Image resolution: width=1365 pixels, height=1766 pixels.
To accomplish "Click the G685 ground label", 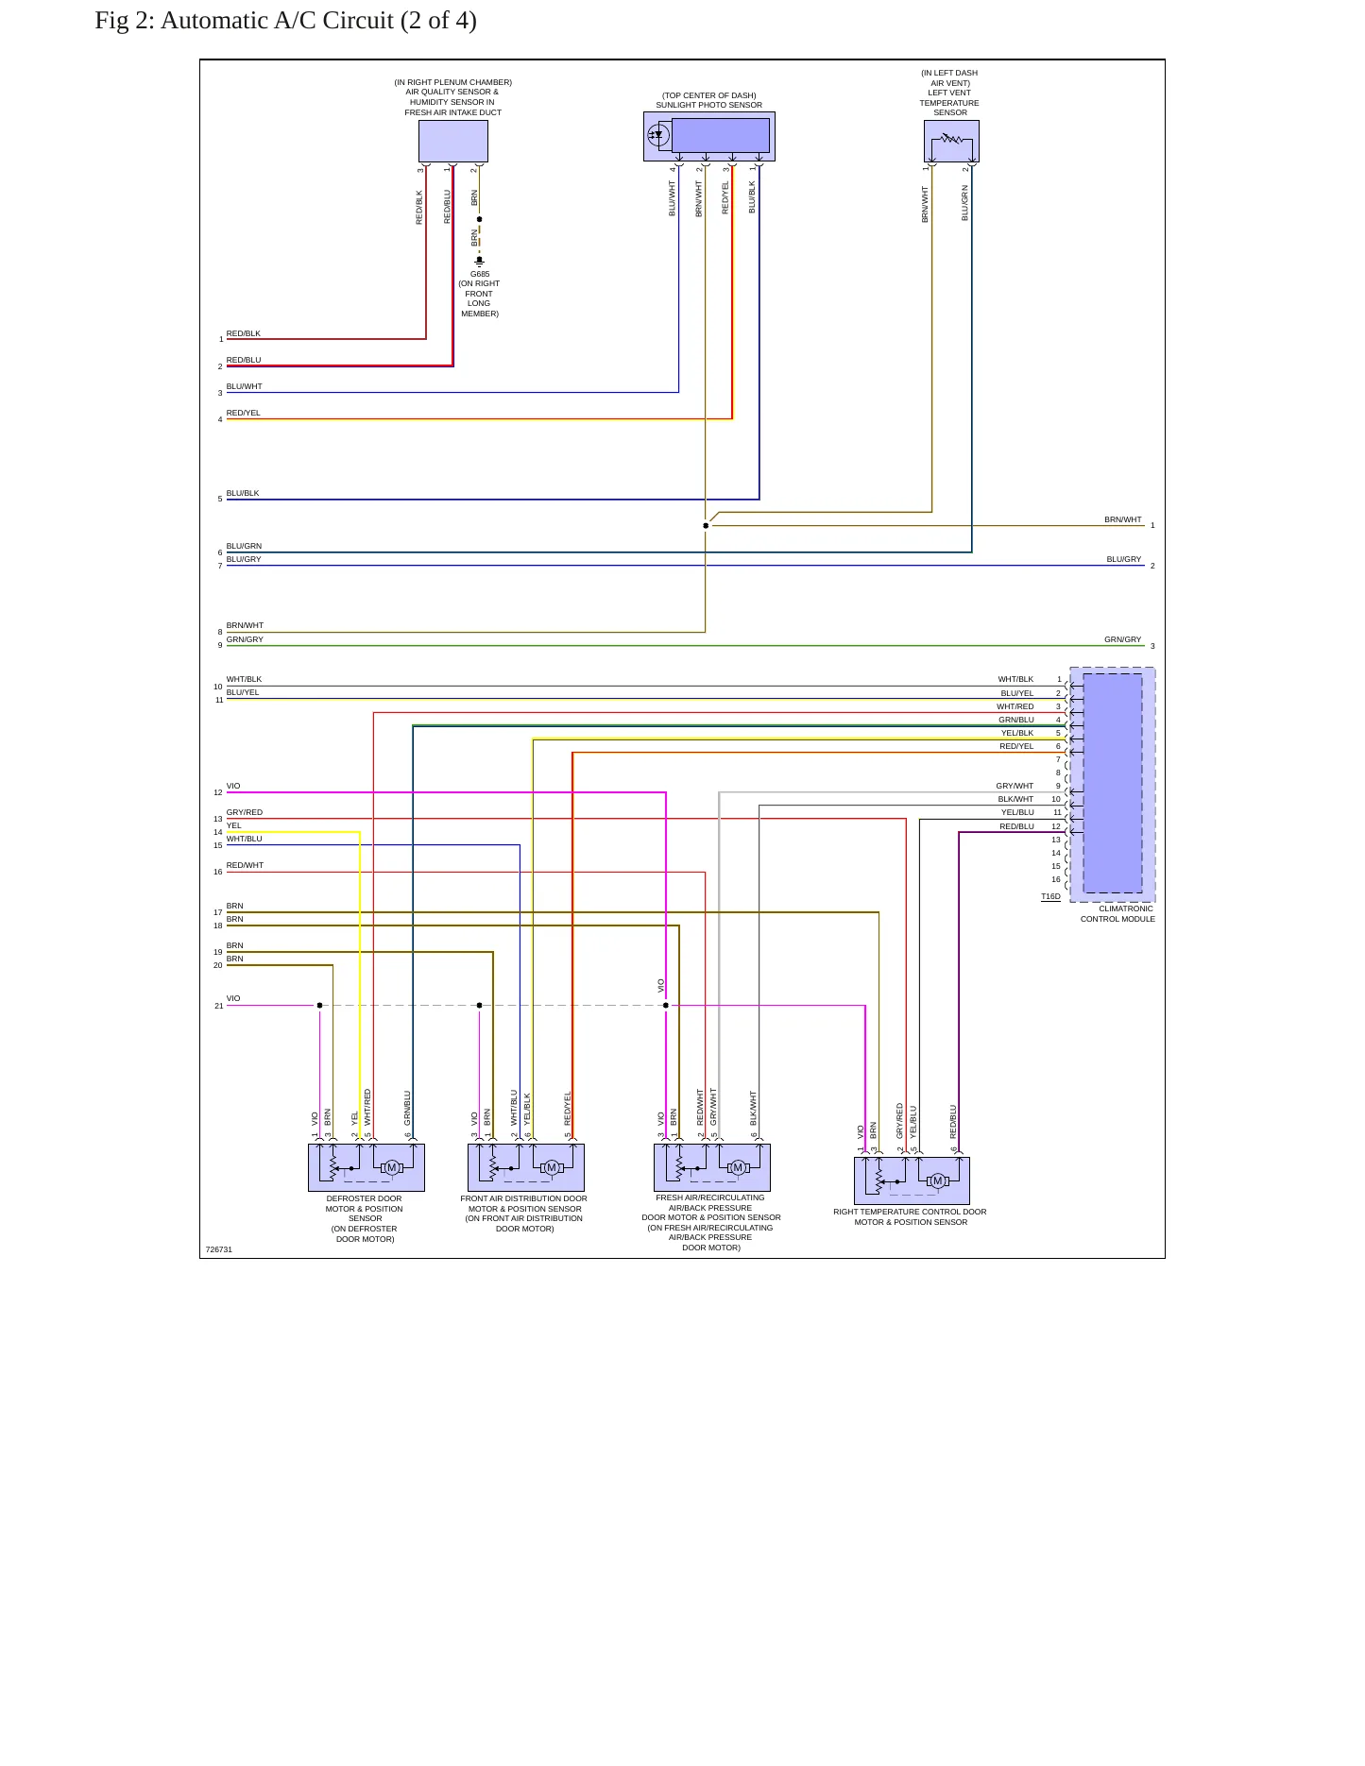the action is pos(480,274).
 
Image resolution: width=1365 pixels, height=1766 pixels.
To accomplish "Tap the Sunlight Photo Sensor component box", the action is pos(709,137).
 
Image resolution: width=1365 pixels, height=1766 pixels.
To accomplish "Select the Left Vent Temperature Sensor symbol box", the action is pos(951,141).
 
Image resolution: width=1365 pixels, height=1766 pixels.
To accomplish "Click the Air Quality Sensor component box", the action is pos(453,141).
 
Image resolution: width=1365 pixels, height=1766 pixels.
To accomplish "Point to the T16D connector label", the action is pos(1050,896).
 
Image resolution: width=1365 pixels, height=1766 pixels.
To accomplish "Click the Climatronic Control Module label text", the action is pos(1118,914).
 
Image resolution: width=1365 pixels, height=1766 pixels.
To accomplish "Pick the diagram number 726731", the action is pos(219,1249).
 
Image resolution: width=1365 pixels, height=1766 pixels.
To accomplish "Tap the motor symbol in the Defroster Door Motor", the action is pos(391,1168).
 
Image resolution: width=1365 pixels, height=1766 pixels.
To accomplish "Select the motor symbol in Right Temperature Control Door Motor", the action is pos(937,1180).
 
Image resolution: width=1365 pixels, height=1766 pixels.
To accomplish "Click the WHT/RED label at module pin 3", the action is pos(1015,706).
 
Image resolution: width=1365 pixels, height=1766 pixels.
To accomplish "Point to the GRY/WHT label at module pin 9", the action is pos(1015,786).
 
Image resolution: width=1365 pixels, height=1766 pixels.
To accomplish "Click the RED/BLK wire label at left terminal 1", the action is pos(244,333).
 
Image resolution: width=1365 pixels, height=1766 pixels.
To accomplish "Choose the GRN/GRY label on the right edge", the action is pos(1123,639).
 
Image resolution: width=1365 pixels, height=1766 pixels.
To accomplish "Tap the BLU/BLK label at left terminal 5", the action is pos(243,493).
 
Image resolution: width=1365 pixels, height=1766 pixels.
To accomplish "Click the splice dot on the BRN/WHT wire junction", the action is pos(706,526).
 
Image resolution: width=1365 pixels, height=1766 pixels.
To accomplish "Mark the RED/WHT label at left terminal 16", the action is pos(246,865).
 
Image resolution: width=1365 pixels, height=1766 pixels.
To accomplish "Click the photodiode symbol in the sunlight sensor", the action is pos(658,135).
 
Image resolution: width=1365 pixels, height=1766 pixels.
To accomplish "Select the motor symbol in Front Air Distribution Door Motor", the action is pos(552,1168).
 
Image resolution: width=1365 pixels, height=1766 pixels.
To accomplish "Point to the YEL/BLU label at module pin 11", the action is pos(1017,812).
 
